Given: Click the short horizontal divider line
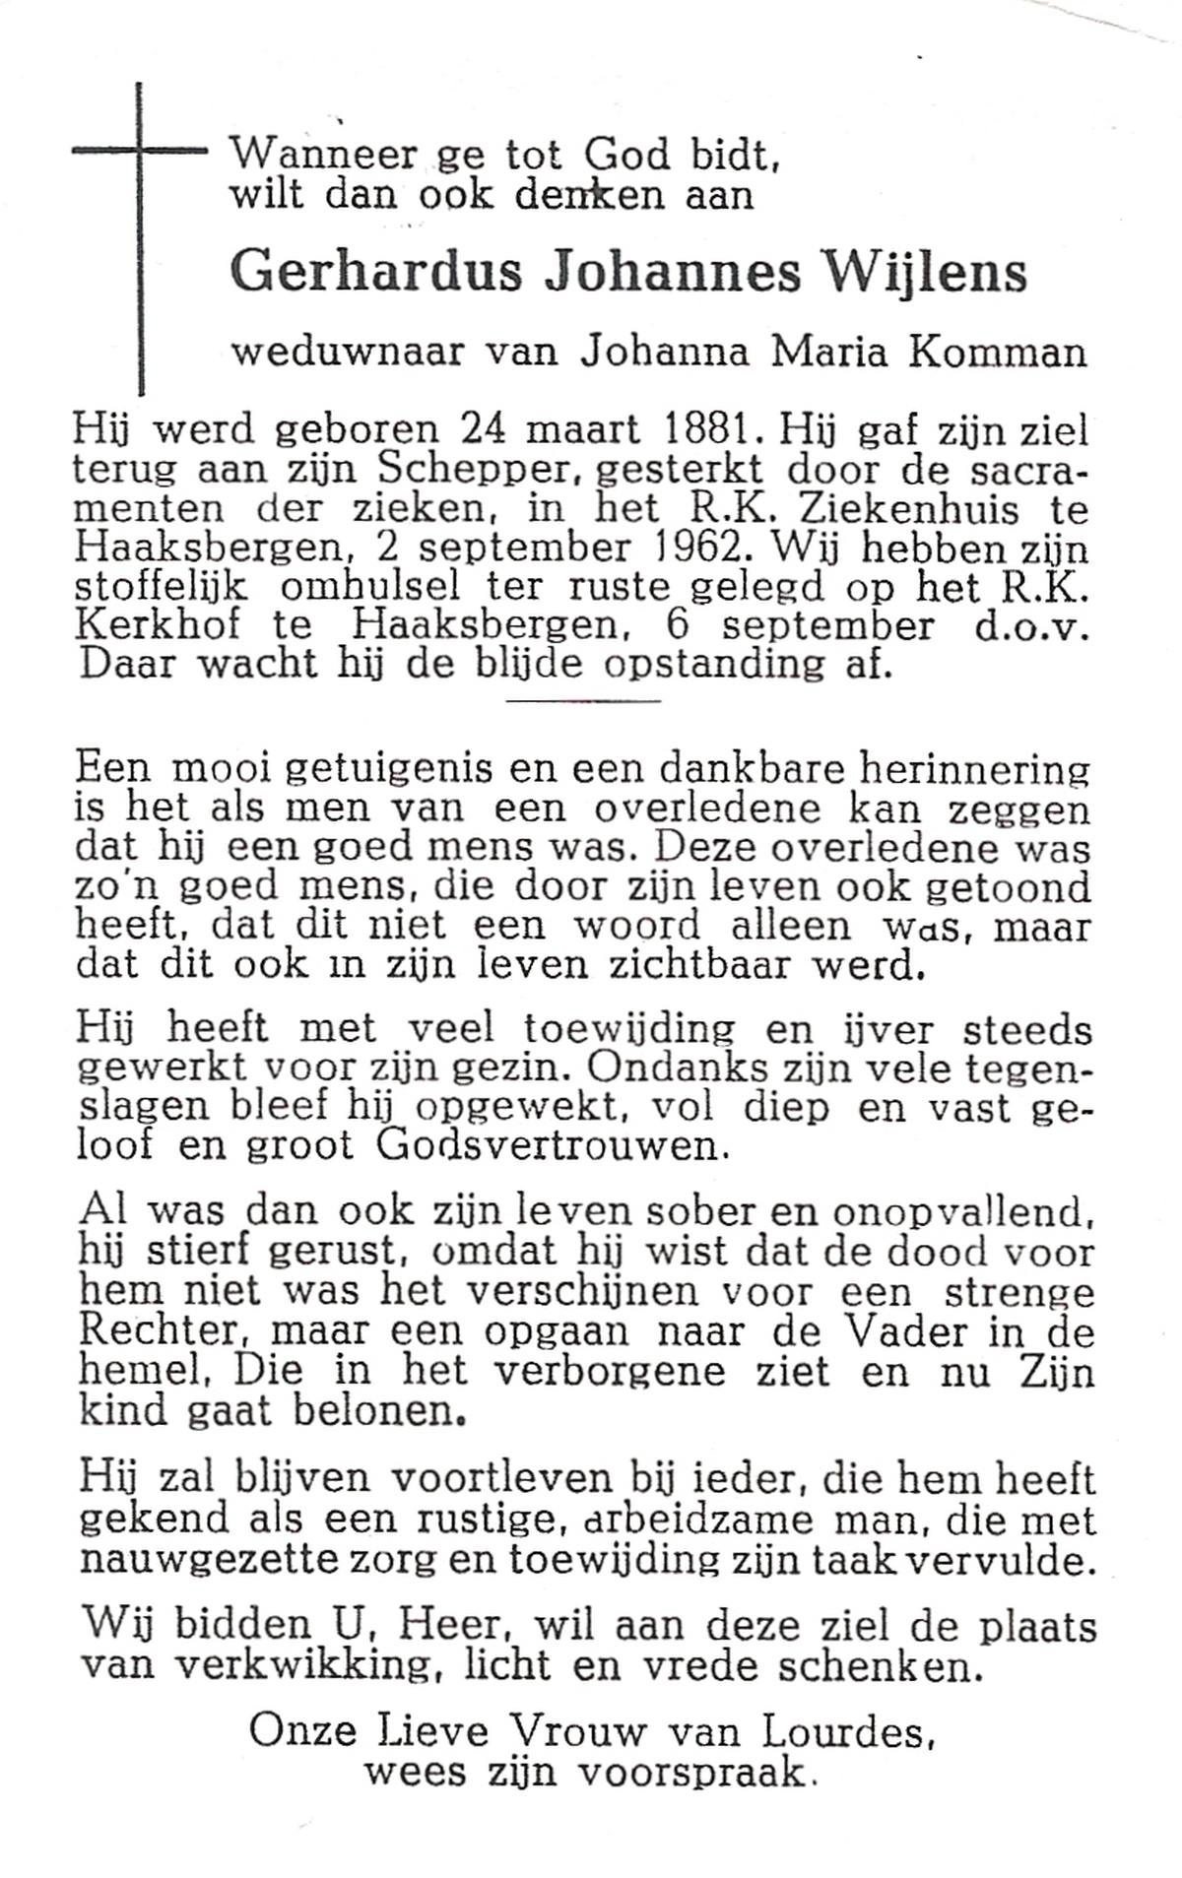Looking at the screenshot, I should tap(582, 701).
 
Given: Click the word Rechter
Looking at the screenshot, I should tap(158, 1331).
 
